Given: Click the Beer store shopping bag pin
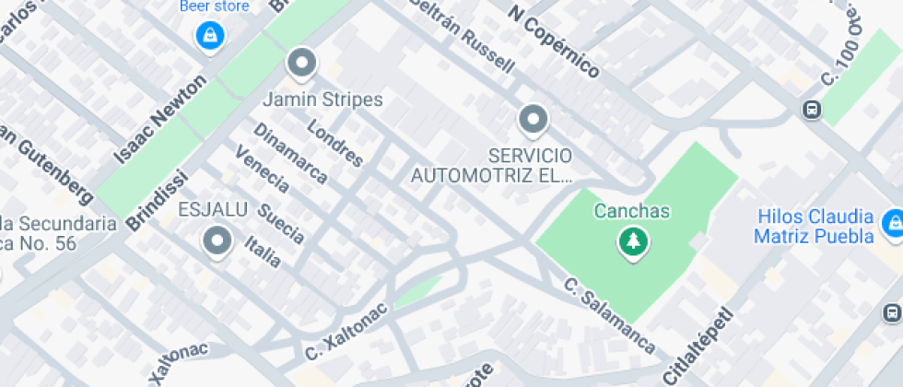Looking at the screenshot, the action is click(x=210, y=36).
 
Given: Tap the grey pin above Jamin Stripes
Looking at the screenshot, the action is click(x=301, y=64).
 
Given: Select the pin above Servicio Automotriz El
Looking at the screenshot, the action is click(x=532, y=119).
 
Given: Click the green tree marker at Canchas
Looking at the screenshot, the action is click(x=633, y=242).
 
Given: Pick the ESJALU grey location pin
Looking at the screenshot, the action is click(x=217, y=240).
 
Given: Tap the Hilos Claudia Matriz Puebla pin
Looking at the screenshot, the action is click(x=891, y=223).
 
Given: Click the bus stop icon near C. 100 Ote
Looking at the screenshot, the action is click(x=811, y=110).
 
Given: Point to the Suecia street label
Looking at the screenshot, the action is click(x=280, y=222).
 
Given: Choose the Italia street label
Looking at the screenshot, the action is click(x=264, y=250).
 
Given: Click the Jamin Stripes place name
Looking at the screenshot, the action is click(x=322, y=98).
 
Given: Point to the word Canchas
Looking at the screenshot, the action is click(x=632, y=211).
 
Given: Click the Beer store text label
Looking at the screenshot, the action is click(x=214, y=6).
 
